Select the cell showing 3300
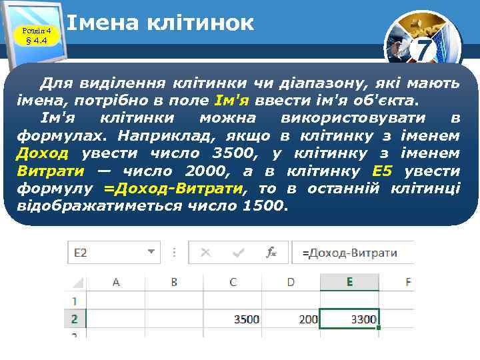[349, 319]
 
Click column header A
[116, 282]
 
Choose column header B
[174, 282]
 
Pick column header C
[233, 282]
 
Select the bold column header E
[349, 282]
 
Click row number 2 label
[74, 319]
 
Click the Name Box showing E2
[107, 253]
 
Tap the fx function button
[271, 253]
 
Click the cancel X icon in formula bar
[205, 253]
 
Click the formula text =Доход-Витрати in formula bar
[350, 253]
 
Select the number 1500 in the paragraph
[263, 206]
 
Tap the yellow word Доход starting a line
[42, 154]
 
